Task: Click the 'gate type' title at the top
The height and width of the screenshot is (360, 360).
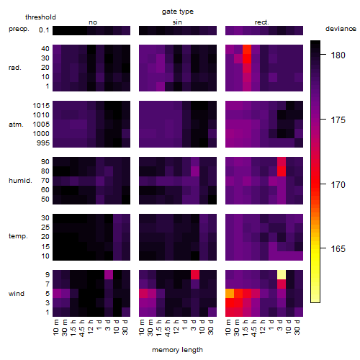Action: pyautogui.click(x=178, y=12)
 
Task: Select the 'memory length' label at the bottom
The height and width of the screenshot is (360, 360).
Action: pyautogui.click(x=177, y=350)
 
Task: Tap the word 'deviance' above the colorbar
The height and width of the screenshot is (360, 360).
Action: pyautogui.click(x=341, y=29)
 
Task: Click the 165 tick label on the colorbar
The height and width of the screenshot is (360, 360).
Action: pyautogui.click(x=338, y=248)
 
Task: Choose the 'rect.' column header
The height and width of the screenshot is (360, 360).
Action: pyautogui.click(x=261, y=22)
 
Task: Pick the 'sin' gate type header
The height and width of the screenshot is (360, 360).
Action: pyautogui.click(x=177, y=22)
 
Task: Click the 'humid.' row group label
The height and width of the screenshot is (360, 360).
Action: pyautogui.click(x=20, y=181)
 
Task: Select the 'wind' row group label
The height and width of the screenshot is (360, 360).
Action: pyautogui.click(x=17, y=294)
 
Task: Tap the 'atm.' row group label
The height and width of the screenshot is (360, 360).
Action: pyautogui.click(x=16, y=125)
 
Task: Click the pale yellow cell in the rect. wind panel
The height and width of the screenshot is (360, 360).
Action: pyautogui.click(x=282, y=275)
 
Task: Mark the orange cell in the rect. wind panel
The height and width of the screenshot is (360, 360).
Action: pyautogui.click(x=230, y=294)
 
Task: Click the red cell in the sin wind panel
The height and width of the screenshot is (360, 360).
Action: pyautogui.click(x=195, y=275)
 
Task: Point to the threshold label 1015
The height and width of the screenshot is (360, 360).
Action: pyautogui.click(x=41, y=106)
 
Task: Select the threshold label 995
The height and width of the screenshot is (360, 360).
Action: pyautogui.click(x=43, y=143)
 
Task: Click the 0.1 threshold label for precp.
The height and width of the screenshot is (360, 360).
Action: pyautogui.click(x=44, y=30)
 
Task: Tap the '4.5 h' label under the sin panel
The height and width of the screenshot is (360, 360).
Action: pyautogui.click(x=168, y=328)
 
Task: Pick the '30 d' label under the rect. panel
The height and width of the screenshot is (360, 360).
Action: pyautogui.click(x=297, y=327)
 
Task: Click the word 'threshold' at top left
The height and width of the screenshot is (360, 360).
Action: pyautogui.click(x=40, y=17)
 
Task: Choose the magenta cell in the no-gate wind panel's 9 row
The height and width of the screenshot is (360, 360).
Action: pyautogui.click(x=109, y=275)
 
